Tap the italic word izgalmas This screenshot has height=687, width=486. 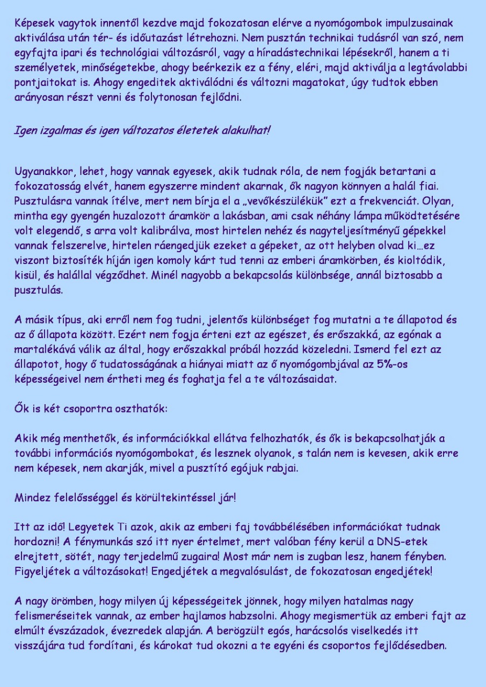pyautogui.click(x=57, y=131)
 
